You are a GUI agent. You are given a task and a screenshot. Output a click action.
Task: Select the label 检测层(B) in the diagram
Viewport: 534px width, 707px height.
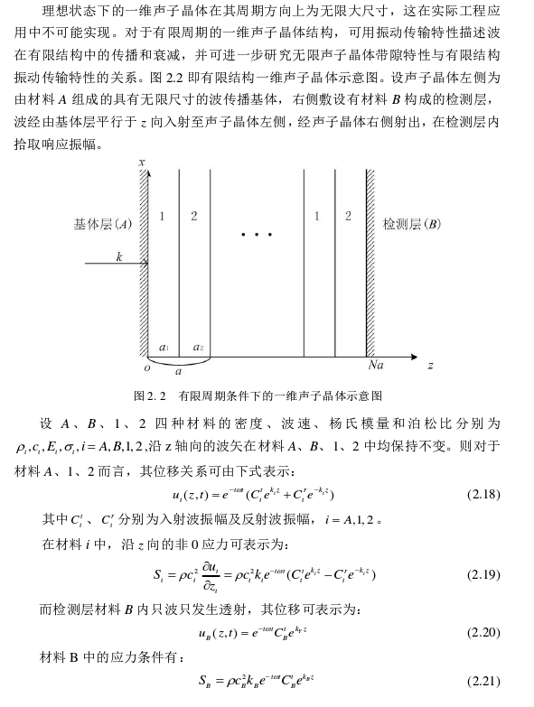pos(412,223)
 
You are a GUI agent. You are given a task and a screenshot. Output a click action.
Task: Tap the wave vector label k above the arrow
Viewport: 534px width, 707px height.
pos(118,257)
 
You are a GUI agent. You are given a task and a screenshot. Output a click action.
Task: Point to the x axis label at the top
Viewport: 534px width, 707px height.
pos(142,163)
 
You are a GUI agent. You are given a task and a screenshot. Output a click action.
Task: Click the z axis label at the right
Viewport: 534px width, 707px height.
pos(431,366)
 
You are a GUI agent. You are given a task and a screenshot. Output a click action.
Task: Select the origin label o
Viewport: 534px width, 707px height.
pos(146,367)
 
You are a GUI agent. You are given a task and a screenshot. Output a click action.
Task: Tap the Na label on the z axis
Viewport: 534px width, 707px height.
pos(377,366)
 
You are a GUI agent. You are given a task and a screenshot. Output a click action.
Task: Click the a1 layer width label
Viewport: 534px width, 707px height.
pos(164,348)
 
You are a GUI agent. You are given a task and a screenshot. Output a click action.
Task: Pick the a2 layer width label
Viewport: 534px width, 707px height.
pos(198,348)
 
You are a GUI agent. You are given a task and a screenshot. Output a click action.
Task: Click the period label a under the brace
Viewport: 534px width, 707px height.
pos(178,370)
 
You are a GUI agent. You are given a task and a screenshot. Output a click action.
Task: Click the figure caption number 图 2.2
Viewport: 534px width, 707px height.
pos(146,395)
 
